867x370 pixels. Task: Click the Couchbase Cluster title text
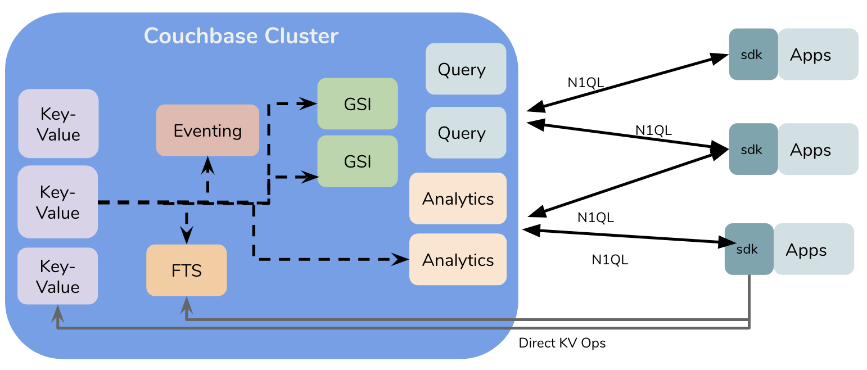pyautogui.click(x=241, y=36)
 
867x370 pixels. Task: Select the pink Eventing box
pyautogui.click(x=207, y=130)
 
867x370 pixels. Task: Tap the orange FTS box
pyautogui.click(x=186, y=270)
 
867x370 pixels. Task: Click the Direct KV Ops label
pyautogui.click(x=562, y=343)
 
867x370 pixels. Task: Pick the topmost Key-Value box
pyautogui.click(x=58, y=123)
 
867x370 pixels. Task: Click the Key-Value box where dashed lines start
pyautogui.click(x=58, y=202)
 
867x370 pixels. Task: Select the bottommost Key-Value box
pyautogui.click(x=58, y=276)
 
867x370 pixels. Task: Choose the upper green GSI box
pyautogui.click(x=358, y=104)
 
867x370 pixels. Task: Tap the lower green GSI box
pyautogui.click(x=358, y=161)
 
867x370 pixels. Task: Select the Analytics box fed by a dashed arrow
pyautogui.click(x=458, y=259)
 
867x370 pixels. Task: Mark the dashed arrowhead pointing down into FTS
pyautogui.click(x=186, y=233)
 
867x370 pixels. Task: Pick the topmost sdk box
pyautogui.click(x=753, y=55)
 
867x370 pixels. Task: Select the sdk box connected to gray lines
pyautogui.click(x=749, y=249)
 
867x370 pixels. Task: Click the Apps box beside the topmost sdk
pyautogui.click(x=818, y=55)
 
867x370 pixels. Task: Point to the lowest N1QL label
pyautogui.click(x=610, y=260)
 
